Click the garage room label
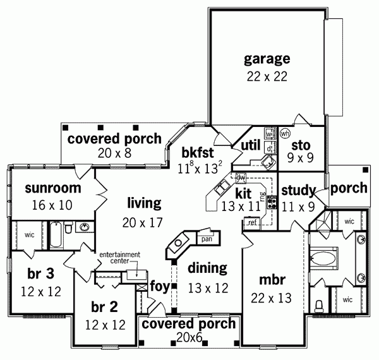267,59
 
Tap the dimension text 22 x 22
267,76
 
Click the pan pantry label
206,239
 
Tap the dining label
207,268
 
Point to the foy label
159,287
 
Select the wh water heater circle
285,133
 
